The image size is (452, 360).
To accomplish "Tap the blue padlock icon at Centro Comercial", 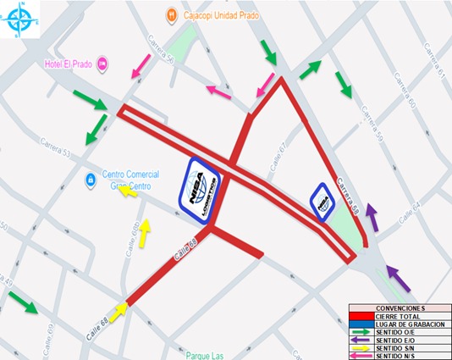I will pyautogui.click(x=89, y=180).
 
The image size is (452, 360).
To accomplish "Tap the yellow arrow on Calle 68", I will pyautogui.click(x=119, y=310).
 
